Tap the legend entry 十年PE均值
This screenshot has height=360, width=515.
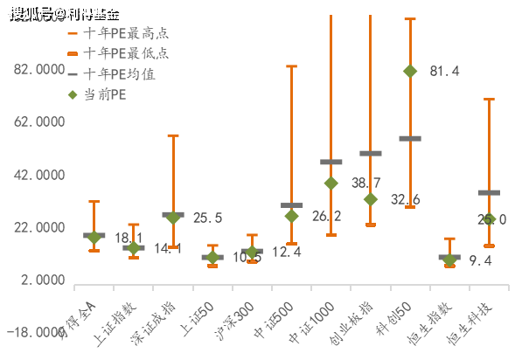[119, 75]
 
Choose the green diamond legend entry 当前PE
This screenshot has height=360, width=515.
[104, 95]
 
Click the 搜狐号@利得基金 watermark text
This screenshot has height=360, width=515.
[63, 12]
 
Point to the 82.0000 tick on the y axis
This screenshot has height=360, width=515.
[39, 70]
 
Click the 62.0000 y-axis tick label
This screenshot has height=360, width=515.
[39, 122]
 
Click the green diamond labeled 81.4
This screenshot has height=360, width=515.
[410, 71]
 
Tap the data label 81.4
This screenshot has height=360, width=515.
[444, 72]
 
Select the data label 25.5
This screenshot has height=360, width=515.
[207, 218]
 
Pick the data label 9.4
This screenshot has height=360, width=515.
[480, 260]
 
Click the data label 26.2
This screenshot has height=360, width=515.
[326, 217]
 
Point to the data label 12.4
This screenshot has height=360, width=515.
[286, 253]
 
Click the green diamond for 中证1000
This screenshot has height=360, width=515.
[331, 183]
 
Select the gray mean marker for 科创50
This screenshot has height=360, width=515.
[410, 138]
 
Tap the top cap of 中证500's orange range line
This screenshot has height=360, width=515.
[291, 66]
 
